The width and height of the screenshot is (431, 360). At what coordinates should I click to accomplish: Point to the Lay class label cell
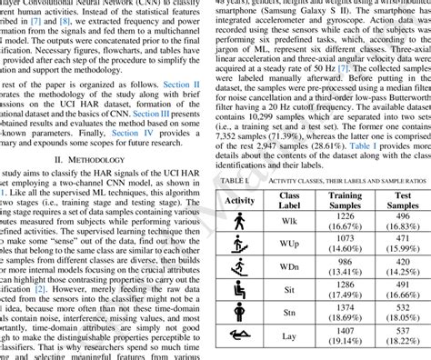289,342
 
